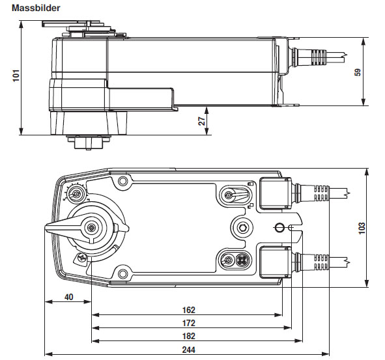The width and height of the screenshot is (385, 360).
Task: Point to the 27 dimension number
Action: coord(202,120)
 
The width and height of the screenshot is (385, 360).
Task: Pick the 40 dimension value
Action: coord(68,298)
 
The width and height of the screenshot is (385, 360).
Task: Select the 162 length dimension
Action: coord(189,311)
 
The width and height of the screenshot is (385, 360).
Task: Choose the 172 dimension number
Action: coord(189,323)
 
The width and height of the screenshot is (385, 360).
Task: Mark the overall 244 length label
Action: coord(189,350)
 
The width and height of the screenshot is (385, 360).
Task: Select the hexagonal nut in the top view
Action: coord(242,227)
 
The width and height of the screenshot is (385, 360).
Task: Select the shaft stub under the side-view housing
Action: coord(85,141)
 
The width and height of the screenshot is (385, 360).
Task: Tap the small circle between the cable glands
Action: coord(279,227)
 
